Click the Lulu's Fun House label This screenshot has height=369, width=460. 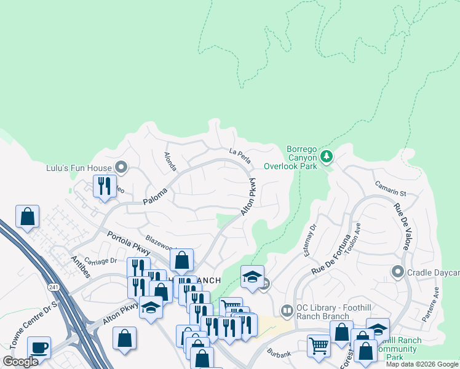click(79, 168)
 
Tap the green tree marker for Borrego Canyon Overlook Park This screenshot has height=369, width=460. click(327, 157)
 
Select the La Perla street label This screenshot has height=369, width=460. click(240, 156)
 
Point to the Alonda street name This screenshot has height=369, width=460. click(170, 162)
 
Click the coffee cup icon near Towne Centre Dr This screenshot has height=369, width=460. click(39, 347)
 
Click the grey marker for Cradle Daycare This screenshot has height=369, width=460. click(397, 271)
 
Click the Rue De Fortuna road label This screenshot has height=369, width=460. click(331, 253)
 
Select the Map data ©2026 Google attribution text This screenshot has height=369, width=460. click(422, 364)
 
